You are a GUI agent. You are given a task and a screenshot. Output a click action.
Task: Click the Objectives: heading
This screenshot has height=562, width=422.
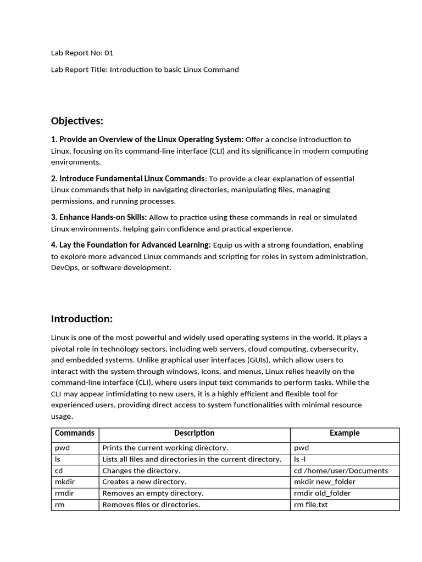click(x=77, y=121)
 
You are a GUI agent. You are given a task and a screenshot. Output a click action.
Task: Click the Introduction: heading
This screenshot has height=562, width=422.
click(x=81, y=319)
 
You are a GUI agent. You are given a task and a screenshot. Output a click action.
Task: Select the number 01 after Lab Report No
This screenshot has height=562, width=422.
click(x=109, y=53)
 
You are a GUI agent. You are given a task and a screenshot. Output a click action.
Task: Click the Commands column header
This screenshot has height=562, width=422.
click(x=75, y=433)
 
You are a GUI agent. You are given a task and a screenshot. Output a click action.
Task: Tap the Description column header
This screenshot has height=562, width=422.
click(x=194, y=433)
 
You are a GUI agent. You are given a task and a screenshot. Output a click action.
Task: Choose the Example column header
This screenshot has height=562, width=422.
click(x=345, y=433)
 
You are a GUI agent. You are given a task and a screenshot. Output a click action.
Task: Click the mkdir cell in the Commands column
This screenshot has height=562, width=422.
click(x=65, y=482)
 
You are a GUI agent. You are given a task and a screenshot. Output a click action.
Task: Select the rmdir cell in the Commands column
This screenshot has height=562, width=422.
click(x=64, y=493)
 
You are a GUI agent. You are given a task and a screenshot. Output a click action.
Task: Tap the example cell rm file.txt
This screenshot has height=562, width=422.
click(x=310, y=504)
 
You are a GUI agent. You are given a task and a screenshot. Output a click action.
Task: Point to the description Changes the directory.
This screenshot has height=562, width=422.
click(x=141, y=470)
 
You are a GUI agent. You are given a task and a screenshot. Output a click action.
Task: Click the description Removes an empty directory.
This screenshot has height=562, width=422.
click(x=153, y=493)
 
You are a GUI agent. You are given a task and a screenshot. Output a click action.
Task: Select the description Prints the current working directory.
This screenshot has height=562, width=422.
click(x=165, y=448)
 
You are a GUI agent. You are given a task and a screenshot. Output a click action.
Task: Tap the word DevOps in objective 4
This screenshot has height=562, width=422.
click(x=64, y=268)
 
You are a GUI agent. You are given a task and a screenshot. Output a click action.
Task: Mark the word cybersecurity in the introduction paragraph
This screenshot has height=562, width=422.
click(x=334, y=349)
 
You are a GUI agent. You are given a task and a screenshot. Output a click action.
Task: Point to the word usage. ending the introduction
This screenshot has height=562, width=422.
click(x=62, y=417)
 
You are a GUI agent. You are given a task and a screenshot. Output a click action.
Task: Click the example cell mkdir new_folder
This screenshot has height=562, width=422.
click(x=325, y=482)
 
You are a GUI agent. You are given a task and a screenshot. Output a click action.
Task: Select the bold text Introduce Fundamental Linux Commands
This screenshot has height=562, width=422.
click(x=131, y=178)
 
